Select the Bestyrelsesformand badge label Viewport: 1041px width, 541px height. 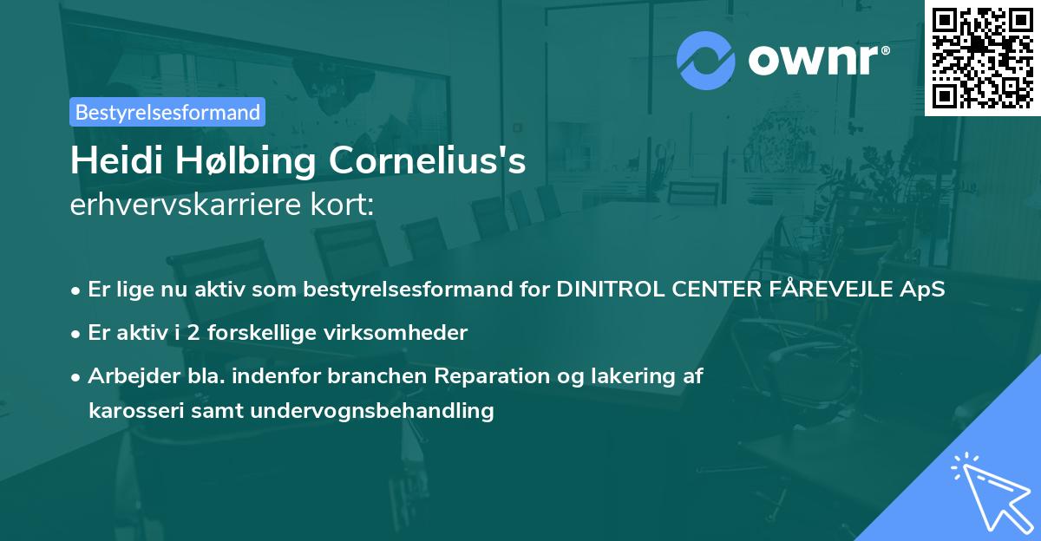[167, 112]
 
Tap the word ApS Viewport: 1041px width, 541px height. [922, 290]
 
